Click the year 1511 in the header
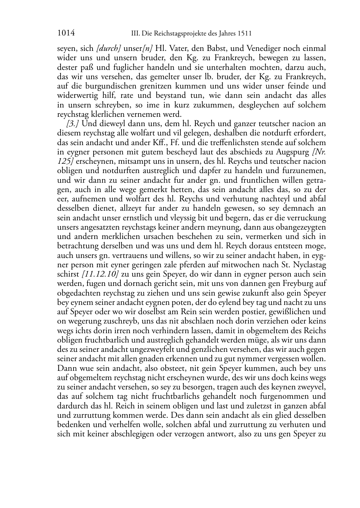point(244,34)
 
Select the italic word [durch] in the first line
point(109,48)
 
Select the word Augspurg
point(292,152)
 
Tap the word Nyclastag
point(310,265)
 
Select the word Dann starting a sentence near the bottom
point(66,368)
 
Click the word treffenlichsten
point(220,142)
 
